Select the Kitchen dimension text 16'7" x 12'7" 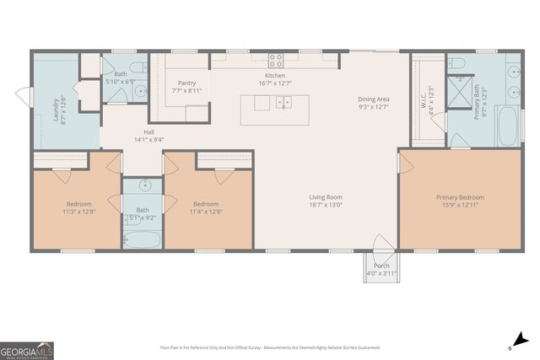[275, 83]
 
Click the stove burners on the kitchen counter [275, 59]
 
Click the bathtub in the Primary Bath [508, 126]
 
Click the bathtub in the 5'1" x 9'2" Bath [143, 239]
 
